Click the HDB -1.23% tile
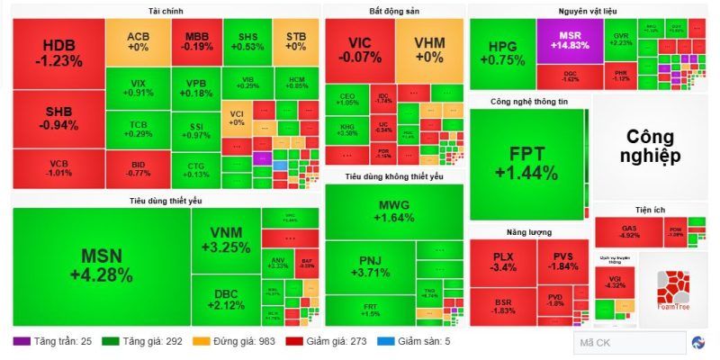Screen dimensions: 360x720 [58, 52]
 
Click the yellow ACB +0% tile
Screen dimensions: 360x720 [138, 40]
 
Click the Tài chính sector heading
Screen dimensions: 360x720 [166, 11]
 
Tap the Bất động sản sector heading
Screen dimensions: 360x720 [394, 11]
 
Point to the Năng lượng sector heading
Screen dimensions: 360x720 [527, 232]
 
